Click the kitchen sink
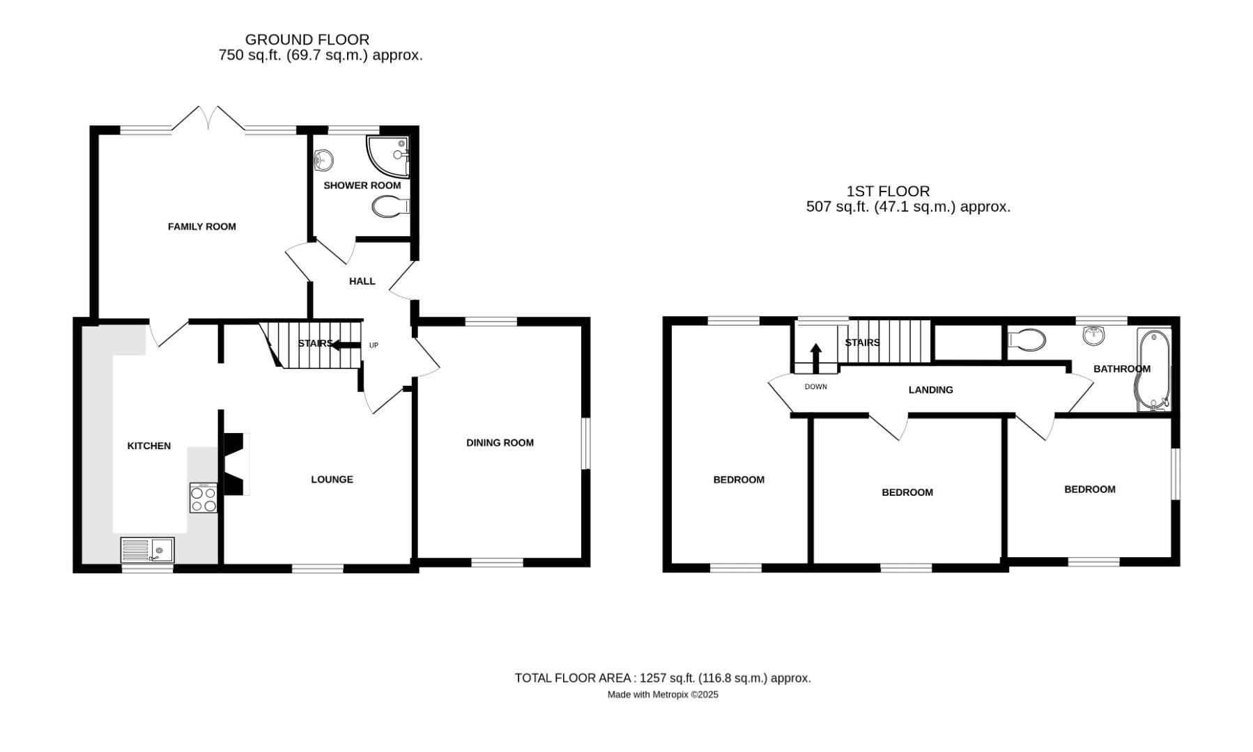pos(147,550)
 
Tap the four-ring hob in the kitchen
pos(203,498)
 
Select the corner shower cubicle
pos(387,154)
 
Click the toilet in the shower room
pos(390,206)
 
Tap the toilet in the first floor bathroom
pos(1027,340)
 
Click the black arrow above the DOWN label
pos(815,358)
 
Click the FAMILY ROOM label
pos(201,226)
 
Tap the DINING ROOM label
pos(500,443)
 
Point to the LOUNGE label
pos(332,480)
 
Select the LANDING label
pos(930,390)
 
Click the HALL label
pos(362,281)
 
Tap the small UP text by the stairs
pos(374,345)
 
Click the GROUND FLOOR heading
pos(307,40)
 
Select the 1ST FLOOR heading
pos(888,191)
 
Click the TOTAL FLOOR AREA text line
pos(662,678)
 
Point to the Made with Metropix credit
pos(662,695)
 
